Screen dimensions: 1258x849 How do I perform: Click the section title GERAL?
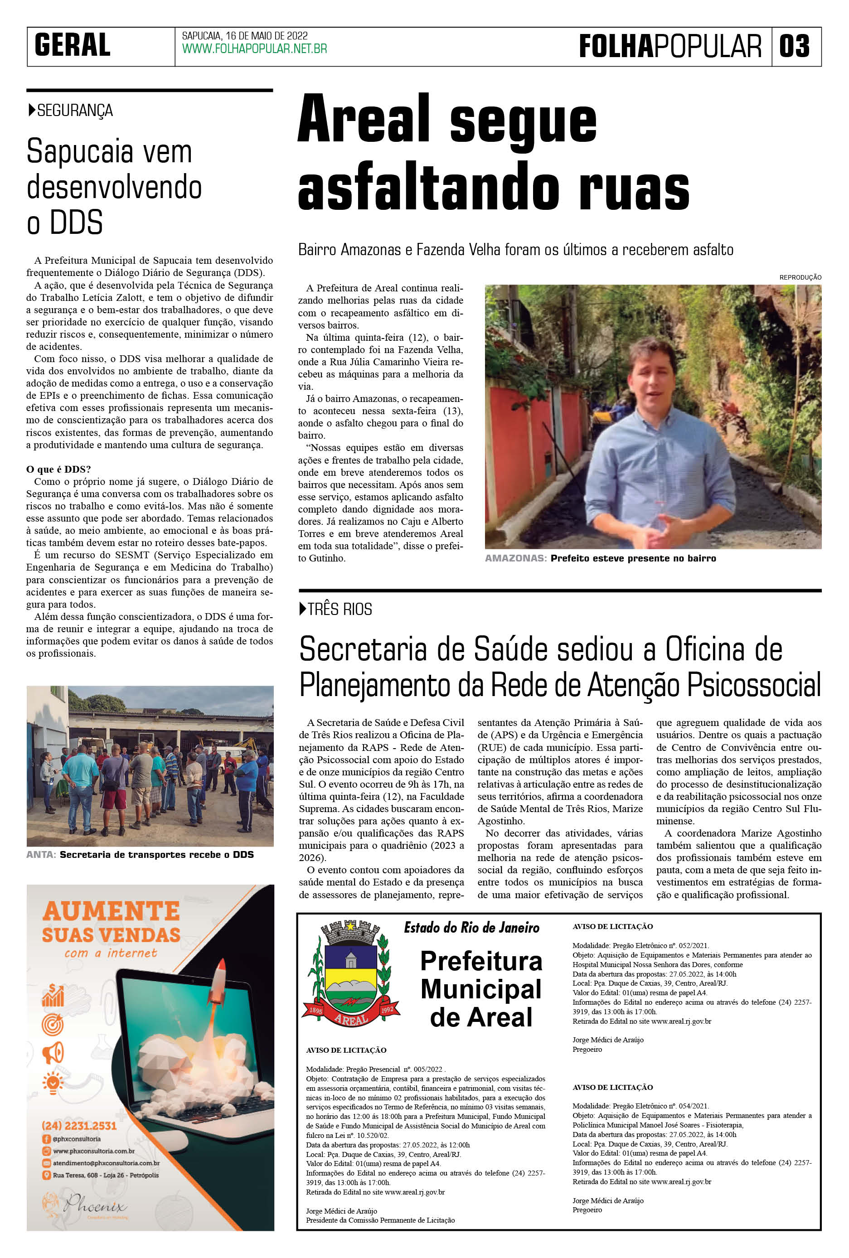pyautogui.click(x=72, y=45)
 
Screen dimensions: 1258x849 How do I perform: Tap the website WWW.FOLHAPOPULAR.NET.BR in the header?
pyautogui.click(x=254, y=49)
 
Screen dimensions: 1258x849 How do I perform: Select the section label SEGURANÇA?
pyautogui.click(x=74, y=111)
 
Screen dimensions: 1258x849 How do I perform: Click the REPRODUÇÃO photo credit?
pyautogui.click(x=800, y=277)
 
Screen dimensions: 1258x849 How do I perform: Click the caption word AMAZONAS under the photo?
pyautogui.click(x=515, y=558)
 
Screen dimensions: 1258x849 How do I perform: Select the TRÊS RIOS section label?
pyautogui.click(x=340, y=610)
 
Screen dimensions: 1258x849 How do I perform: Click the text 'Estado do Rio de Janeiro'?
pyautogui.click(x=471, y=928)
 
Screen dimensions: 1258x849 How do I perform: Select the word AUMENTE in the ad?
pyautogui.click(x=111, y=911)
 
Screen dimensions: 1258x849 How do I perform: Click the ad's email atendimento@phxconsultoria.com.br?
pyautogui.click(x=106, y=1163)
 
